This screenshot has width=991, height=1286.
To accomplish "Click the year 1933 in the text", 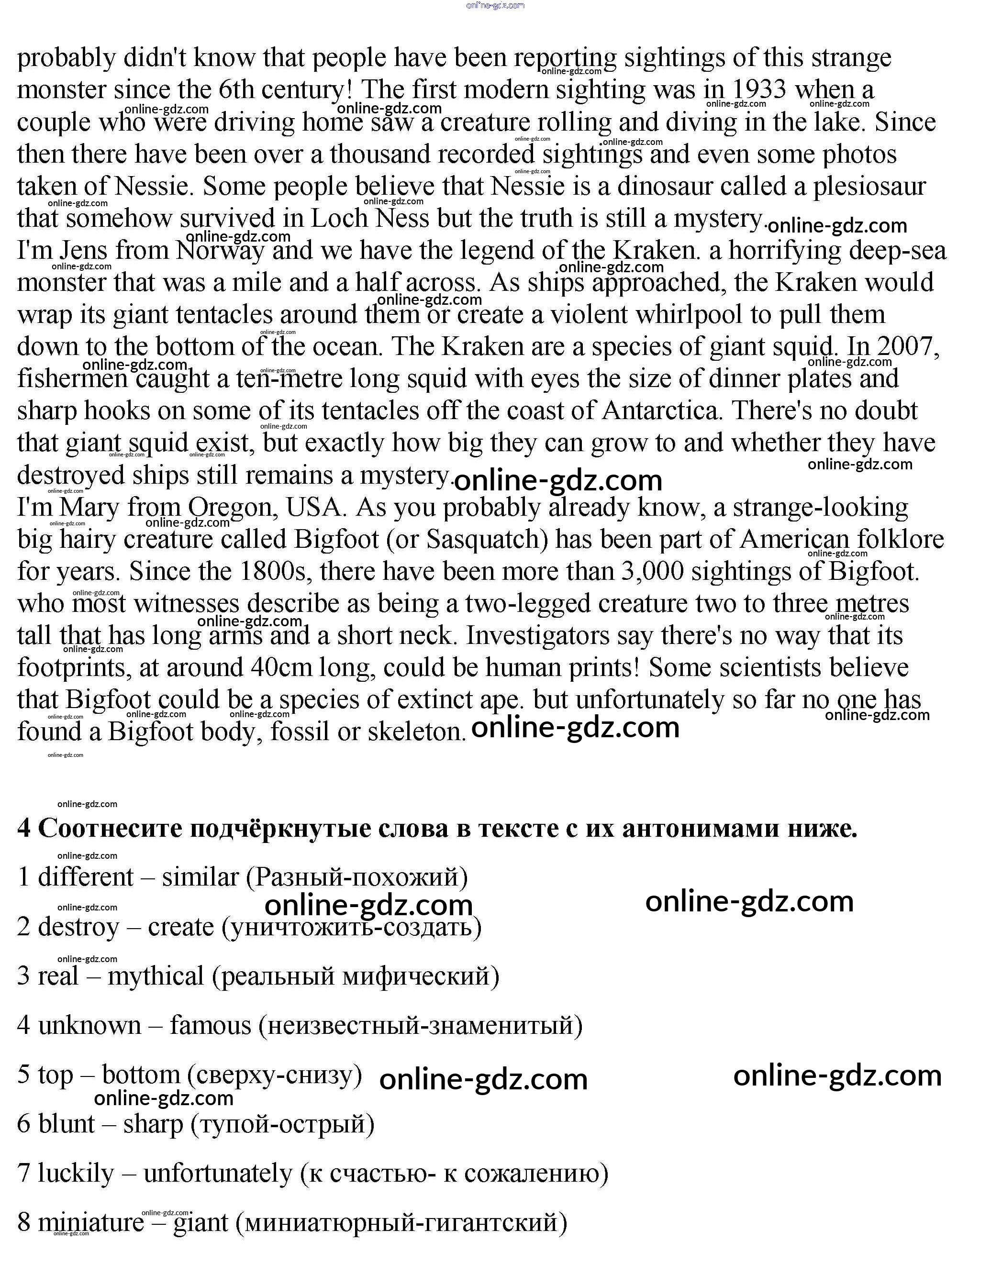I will point(759,90).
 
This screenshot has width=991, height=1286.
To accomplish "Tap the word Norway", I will point(220,251).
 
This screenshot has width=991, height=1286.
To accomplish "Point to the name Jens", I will point(83,251).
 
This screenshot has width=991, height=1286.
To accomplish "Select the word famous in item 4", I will point(210,1026).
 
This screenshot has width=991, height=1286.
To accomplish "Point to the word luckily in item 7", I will point(76,1173).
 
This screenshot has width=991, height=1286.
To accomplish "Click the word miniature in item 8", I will point(91,1222).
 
